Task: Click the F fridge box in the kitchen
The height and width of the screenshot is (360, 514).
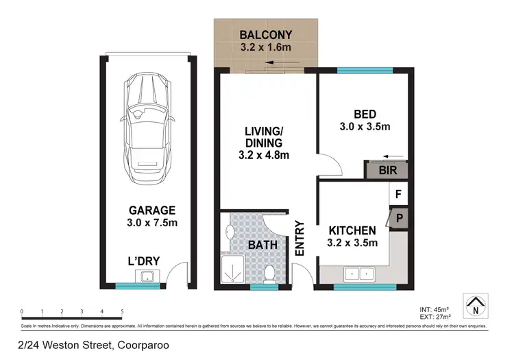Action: coord(398,195)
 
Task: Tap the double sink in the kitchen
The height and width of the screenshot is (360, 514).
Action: coord(358,274)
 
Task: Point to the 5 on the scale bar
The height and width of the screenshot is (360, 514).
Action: coord(122,312)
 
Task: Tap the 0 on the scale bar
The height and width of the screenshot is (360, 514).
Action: coord(23,312)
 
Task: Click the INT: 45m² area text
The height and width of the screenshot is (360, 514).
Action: coord(435,309)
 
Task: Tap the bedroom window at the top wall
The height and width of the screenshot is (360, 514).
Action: coord(364,70)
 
